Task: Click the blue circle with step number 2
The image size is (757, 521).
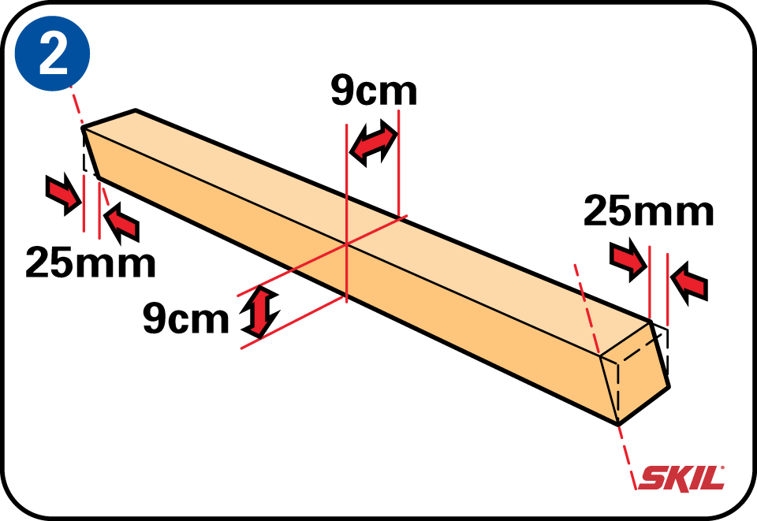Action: point(52,57)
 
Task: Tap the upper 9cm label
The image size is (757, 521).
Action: point(373,92)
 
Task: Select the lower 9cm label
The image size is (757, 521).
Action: point(185,319)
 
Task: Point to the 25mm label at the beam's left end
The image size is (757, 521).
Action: point(90,262)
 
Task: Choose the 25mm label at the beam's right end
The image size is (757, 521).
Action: point(648,212)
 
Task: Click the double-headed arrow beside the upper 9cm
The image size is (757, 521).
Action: point(372,143)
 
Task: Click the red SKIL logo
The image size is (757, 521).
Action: point(681,478)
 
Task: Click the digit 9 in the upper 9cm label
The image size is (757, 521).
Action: point(344,92)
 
